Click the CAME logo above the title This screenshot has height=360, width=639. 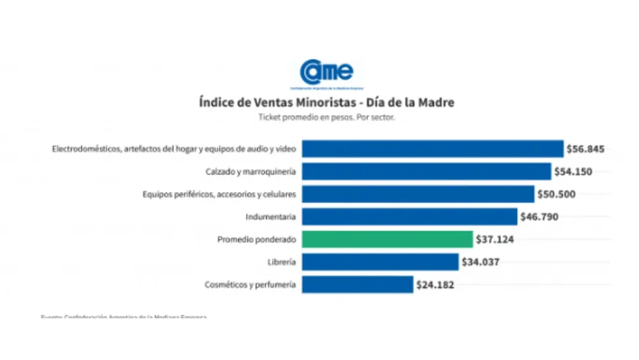tap(326, 72)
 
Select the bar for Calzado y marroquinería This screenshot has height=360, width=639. tap(426, 171)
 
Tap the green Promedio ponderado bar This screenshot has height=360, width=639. tap(387, 239)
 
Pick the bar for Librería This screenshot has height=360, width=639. tap(380, 262)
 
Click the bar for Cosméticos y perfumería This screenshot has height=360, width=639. tap(357, 285)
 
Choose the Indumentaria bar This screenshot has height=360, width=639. tap(410, 217)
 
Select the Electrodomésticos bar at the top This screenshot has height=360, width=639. tap(433, 149)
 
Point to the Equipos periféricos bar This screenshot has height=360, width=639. tap(418, 194)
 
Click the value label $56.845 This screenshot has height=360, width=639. tap(585, 149)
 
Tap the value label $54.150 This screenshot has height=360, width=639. tap(573, 171)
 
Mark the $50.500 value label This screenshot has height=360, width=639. tap(557, 194)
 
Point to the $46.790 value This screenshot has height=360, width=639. tap(539, 217)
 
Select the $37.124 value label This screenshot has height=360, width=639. tap(495, 239)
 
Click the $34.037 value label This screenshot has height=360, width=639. tap(481, 262)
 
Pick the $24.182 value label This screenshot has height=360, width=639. tap(435, 285)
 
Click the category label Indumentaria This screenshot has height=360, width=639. tap(271, 217)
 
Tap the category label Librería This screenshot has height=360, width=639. tap(282, 262)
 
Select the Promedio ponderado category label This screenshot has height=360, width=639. tap(256, 239)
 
